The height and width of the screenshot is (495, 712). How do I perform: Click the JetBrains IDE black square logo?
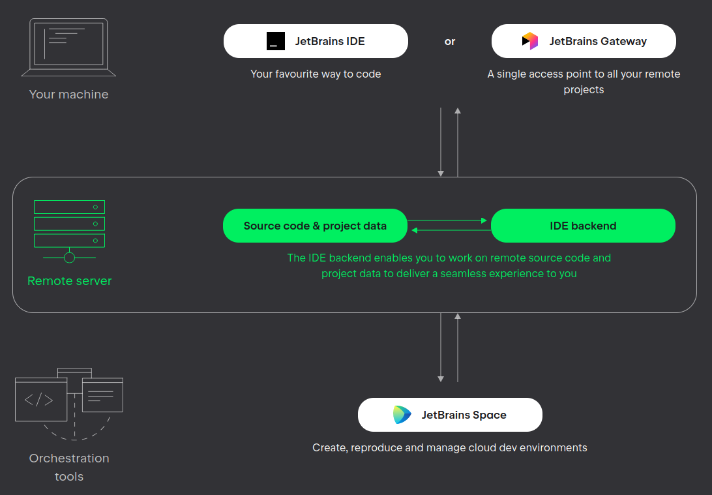[x=276, y=41]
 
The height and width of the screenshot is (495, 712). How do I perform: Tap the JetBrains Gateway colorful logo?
[x=530, y=41]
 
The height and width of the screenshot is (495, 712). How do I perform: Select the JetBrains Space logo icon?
[x=402, y=415]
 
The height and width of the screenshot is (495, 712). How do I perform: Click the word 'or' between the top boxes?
[x=449, y=42]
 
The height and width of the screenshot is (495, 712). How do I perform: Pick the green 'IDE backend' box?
[x=583, y=226]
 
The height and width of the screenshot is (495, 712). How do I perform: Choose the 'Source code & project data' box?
[x=315, y=226]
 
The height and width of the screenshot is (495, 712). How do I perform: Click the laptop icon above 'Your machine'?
[x=68, y=47]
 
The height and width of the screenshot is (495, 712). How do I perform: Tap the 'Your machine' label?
[x=68, y=95]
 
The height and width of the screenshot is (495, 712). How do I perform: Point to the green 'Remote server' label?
[x=70, y=280]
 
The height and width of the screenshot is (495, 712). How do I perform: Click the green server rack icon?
[x=70, y=232]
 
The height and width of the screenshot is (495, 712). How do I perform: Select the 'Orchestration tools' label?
[x=69, y=467]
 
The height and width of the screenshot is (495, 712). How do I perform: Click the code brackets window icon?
[x=41, y=400]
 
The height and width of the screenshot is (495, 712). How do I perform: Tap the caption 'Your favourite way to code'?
[x=316, y=74]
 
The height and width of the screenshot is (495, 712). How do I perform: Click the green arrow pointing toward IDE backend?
[x=447, y=220]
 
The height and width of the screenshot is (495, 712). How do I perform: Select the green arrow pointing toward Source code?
[x=451, y=230]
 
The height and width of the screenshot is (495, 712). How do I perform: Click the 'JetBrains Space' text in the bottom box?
[x=464, y=415]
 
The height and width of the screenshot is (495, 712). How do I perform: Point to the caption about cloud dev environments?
[x=449, y=448]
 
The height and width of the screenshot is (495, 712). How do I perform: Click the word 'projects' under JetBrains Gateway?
[x=584, y=90]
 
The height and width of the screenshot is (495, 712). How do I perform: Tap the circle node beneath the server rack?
[x=70, y=258]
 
